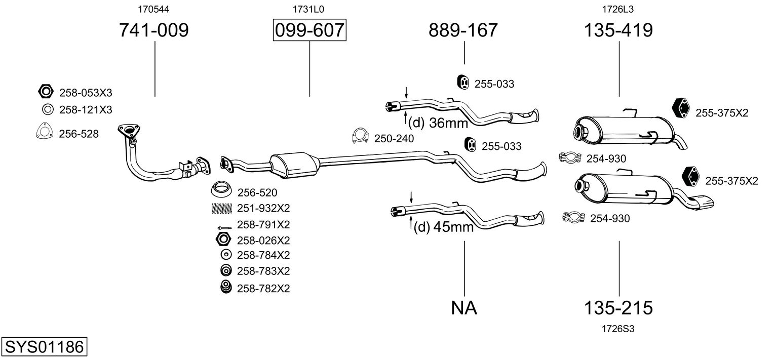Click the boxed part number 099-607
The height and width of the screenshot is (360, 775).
point(309,30)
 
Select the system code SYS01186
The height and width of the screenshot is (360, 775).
point(44,347)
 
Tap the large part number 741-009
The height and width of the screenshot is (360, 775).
point(153,30)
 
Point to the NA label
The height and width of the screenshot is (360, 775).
point(464,307)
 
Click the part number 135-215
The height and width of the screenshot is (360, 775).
point(618,307)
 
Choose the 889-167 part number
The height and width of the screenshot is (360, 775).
point(463,30)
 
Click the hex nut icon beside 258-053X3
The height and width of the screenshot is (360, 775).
point(46,92)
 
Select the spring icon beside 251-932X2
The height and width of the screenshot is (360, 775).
point(221,208)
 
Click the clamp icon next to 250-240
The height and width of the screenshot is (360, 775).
point(360,136)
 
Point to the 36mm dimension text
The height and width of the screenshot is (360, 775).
point(448,123)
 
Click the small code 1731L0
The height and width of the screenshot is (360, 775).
point(308,9)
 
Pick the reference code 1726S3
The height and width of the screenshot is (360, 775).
point(618,329)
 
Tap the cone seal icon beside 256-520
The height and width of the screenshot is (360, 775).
point(221,190)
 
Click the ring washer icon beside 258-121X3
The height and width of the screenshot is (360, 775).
point(47,109)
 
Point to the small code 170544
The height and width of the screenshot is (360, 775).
point(153,9)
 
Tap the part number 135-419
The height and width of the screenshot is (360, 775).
point(618,30)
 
